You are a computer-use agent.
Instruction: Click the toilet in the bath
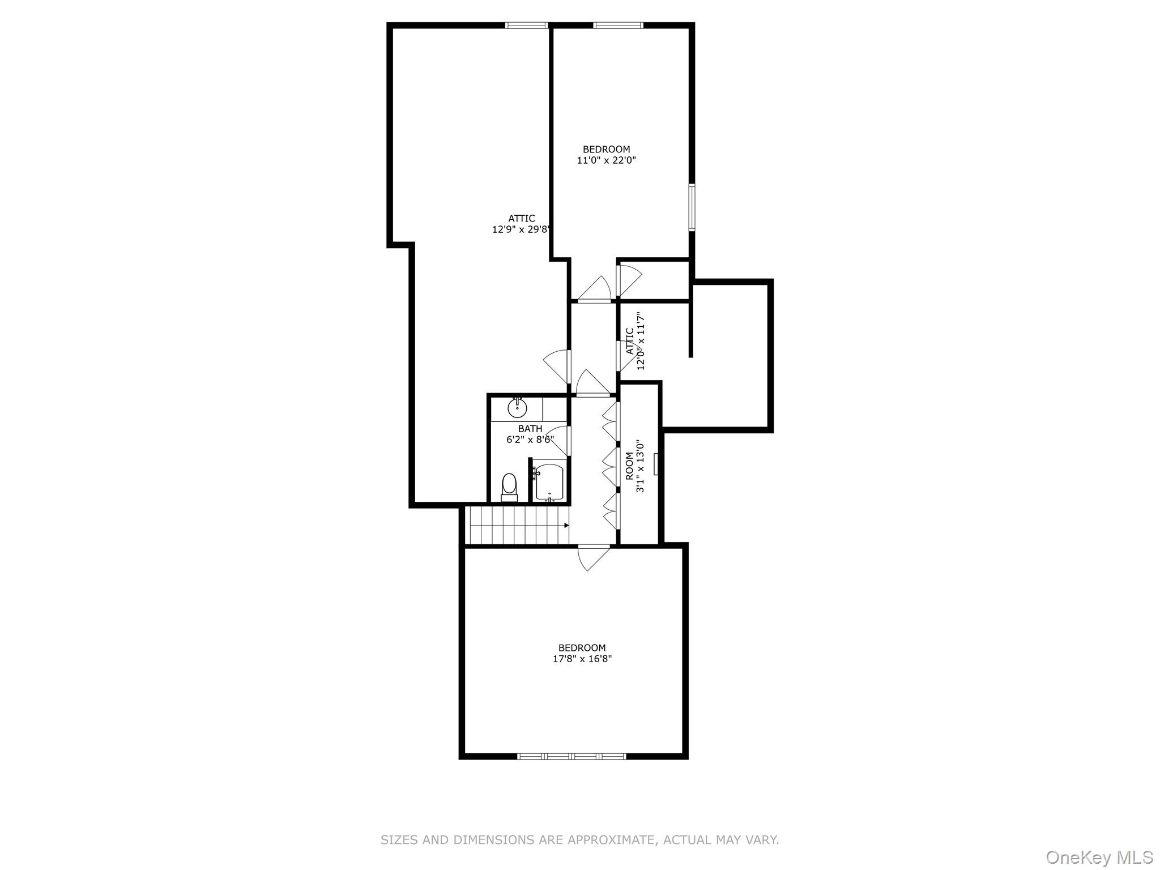click(509, 487)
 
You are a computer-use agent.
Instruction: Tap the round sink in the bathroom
click(517, 407)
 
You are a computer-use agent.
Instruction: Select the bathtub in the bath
click(549, 482)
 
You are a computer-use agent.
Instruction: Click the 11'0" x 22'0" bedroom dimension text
click(606, 160)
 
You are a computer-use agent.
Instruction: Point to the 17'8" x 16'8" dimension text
click(582, 659)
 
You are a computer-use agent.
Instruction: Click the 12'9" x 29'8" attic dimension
click(521, 229)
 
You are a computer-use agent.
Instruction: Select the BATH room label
click(530, 429)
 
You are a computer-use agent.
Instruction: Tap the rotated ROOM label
click(629, 466)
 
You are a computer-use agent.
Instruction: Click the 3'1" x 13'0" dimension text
click(641, 466)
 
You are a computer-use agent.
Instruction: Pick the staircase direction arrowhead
click(566, 525)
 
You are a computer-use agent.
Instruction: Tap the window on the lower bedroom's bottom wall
click(572, 756)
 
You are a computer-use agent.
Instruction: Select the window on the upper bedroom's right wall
click(692, 207)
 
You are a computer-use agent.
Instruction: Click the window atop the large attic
click(526, 25)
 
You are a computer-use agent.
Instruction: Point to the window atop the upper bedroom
click(618, 25)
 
